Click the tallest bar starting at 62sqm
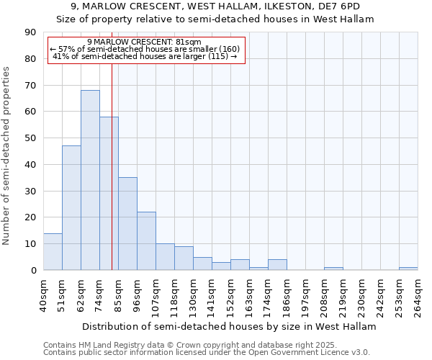(x=90, y=180)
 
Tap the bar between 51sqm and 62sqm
(x=71, y=208)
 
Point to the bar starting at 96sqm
(x=146, y=241)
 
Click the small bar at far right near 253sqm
(x=408, y=269)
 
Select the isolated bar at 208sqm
(x=333, y=269)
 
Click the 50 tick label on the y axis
(x=31, y=138)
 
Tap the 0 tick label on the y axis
(x=34, y=271)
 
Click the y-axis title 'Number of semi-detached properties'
(x=7, y=156)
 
